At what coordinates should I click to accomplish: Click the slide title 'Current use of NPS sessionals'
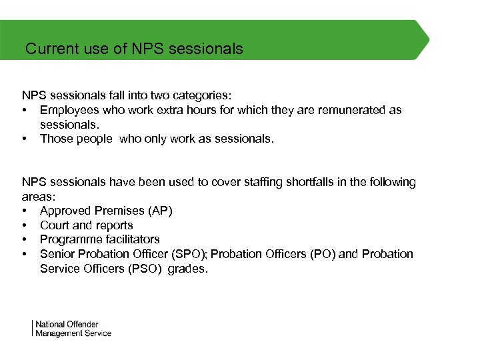pos(134,49)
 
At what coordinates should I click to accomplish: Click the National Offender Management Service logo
pos(73,329)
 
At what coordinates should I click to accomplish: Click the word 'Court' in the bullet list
pos(55,225)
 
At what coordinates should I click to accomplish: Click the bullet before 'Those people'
pos(25,139)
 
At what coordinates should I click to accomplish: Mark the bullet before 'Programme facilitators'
pos(25,239)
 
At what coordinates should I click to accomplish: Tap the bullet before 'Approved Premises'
pos(25,211)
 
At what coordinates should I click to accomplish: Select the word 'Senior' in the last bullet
pos(57,254)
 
